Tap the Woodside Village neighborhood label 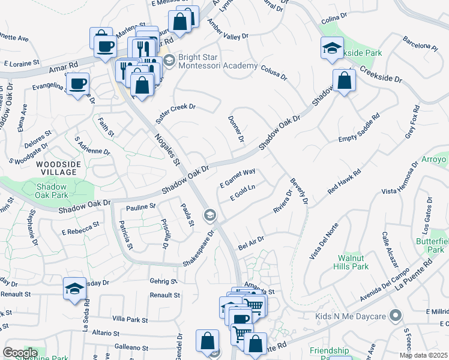[x=56, y=167]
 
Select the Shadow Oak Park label [x=47, y=191]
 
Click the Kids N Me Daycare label [x=352, y=316]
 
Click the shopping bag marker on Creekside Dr [x=344, y=80]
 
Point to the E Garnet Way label [x=238, y=177]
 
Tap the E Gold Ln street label [x=243, y=193]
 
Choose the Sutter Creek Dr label [x=175, y=113]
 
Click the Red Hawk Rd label [x=344, y=181]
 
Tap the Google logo [x=20, y=353]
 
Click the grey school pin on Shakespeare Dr [x=210, y=214]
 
